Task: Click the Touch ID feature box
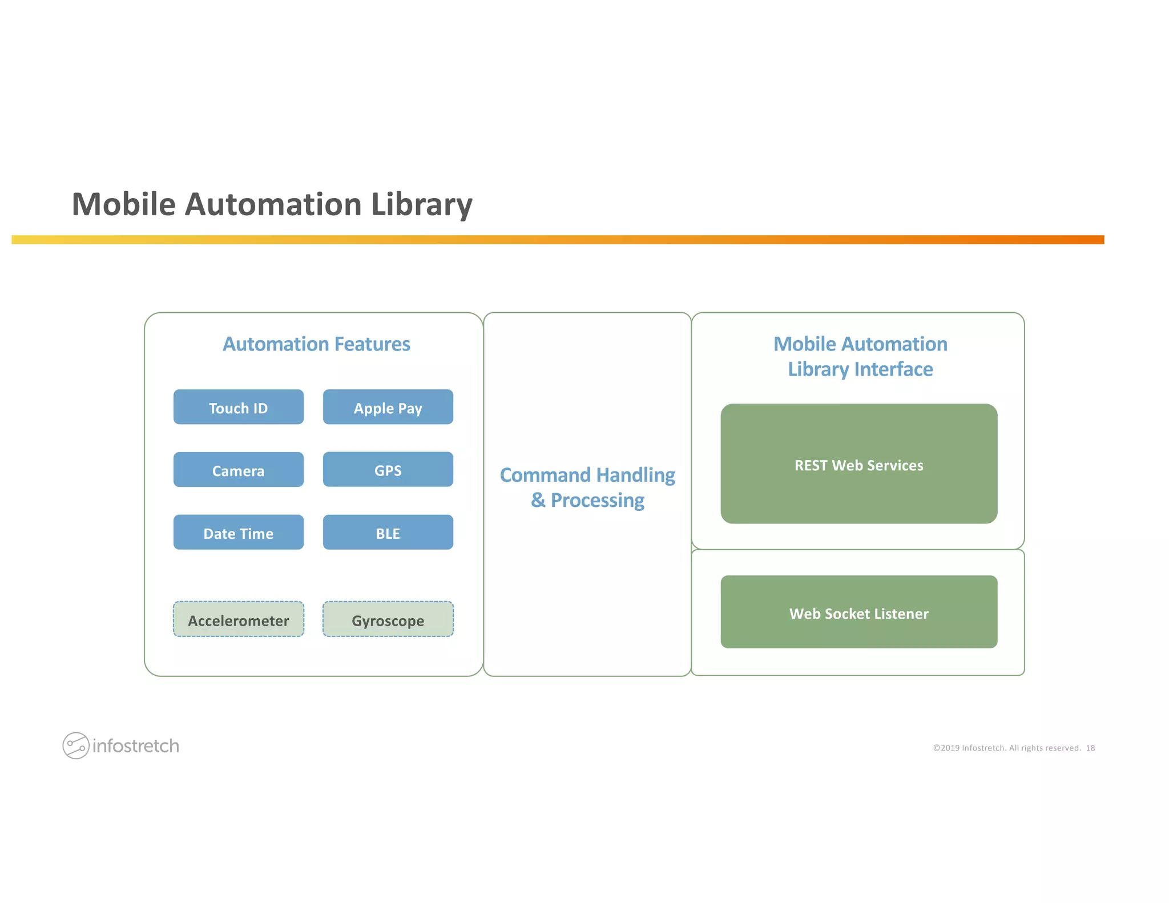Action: [x=238, y=408]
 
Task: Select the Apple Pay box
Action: [x=388, y=408]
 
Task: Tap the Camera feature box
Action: [x=238, y=470]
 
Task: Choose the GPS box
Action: [x=388, y=470]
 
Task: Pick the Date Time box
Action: [x=238, y=533]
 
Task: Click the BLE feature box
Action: [x=388, y=533]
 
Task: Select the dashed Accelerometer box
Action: [x=238, y=620]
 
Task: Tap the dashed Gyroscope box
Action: [x=388, y=620]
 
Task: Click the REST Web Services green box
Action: [x=858, y=464]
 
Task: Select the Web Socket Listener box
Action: [x=858, y=612]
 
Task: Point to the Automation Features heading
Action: [x=316, y=344]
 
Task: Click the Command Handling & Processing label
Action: [x=587, y=487]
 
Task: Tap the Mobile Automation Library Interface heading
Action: [x=860, y=357]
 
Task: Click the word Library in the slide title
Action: [x=421, y=204]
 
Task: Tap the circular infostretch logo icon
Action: [x=75, y=745]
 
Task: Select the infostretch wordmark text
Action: [x=136, y=746]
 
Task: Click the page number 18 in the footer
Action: [x=1090, y=748]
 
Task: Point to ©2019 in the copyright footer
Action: [x=946, y=748]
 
